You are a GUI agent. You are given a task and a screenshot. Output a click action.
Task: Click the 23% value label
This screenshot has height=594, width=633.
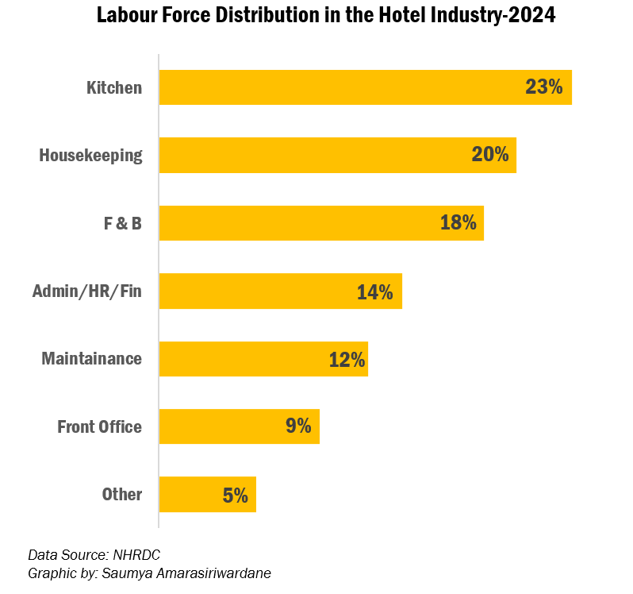tap(543, 87)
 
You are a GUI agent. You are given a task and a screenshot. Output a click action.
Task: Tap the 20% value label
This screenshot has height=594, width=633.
tap(489, 155)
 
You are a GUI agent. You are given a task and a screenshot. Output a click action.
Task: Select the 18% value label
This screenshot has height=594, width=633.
tap(458, 223)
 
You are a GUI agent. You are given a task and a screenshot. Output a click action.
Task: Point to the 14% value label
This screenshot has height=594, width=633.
tap(374, 291)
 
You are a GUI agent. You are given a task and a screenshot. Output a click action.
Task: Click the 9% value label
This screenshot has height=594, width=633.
tap(298, 426)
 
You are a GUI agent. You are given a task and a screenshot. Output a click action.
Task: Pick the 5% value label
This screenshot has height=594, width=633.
tap(235, 495)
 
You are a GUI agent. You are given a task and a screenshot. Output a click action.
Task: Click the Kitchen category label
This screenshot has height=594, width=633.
tap(114, 87)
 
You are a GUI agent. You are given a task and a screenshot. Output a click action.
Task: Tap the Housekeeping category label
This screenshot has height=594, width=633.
tap(90, 155)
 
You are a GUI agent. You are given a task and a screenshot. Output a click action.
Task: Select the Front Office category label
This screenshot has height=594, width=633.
tap(99, 426)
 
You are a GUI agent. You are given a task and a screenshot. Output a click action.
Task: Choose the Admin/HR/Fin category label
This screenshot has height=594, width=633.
tap(86, 291)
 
